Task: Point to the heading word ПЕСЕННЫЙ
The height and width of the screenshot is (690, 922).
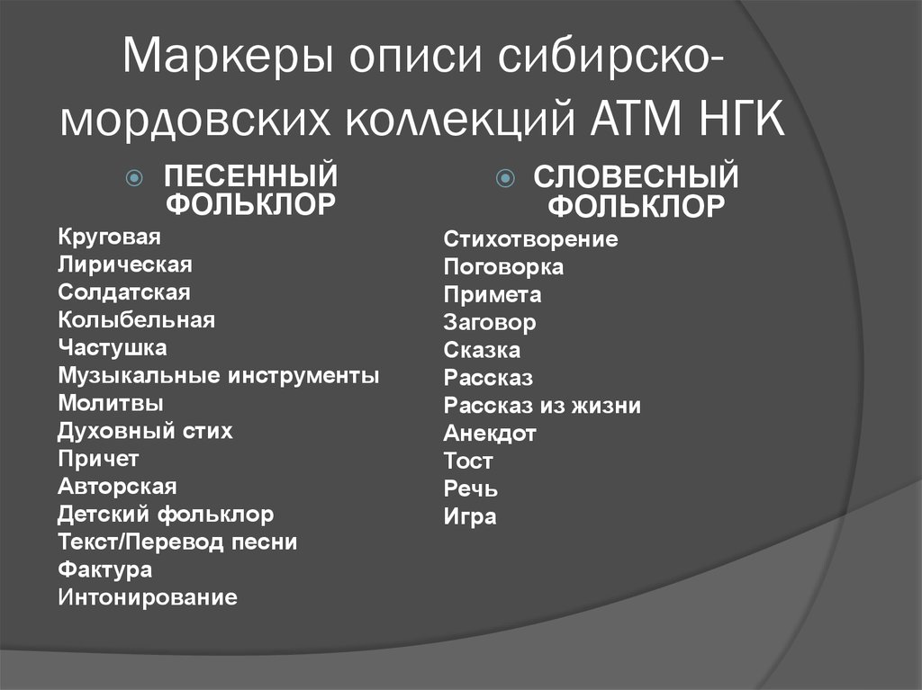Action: coord(250,176)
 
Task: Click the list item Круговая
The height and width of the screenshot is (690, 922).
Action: coord(109,237)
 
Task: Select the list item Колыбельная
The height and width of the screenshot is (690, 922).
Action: coord(136,319)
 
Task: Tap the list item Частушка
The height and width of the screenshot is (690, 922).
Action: coord(113,347)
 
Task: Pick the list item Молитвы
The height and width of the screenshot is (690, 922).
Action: coord(111,403)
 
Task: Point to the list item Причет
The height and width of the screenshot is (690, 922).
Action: coord(99,459)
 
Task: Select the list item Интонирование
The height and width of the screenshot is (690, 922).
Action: coord(148,597)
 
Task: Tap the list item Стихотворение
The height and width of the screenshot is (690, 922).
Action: coord(530,240)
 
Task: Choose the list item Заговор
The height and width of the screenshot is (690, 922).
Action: coord(490,323)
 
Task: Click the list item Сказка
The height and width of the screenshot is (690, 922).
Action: coord(482,351)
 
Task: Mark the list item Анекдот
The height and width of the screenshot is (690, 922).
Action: coord(490,434)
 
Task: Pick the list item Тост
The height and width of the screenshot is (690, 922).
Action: coord(468,462)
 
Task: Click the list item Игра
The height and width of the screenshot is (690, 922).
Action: coord(470,517)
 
